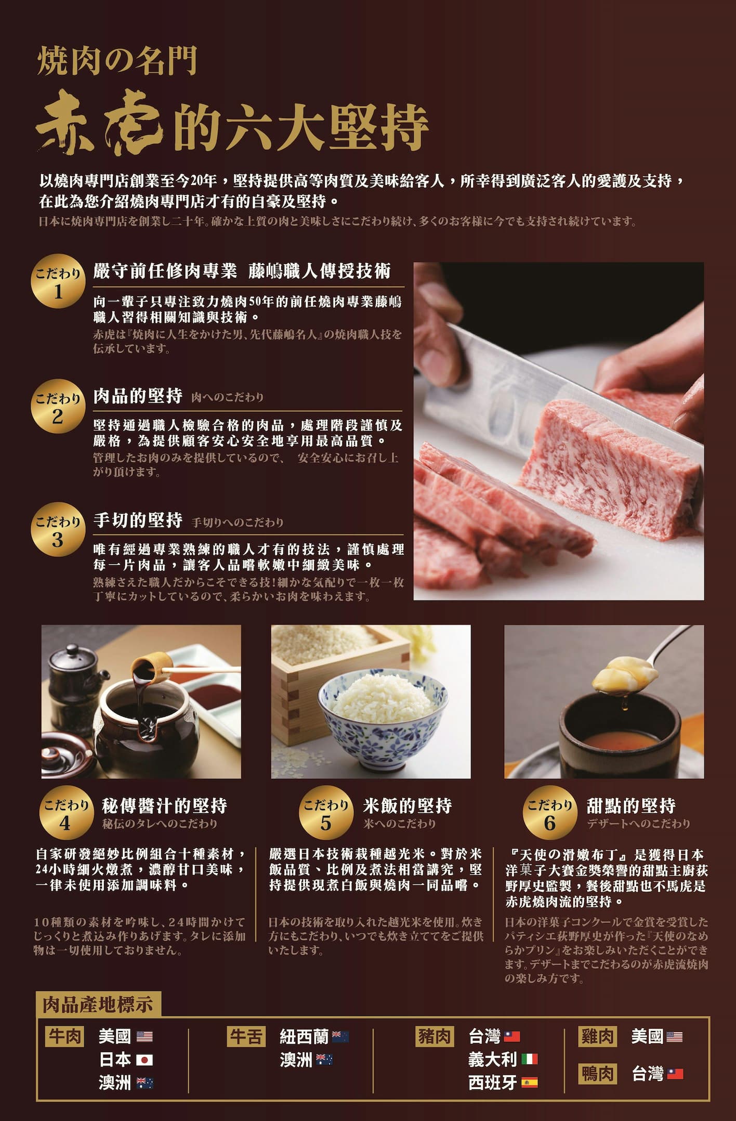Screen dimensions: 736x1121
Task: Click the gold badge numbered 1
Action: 58,281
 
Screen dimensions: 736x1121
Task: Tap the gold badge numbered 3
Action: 58,530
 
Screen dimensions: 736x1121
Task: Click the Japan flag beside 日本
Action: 144,1060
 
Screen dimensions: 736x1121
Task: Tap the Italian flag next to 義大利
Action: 529,1059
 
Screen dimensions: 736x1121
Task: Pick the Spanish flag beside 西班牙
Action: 529,1083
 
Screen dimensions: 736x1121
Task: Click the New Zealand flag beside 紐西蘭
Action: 340,1037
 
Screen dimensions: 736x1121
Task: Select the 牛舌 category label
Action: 246,1036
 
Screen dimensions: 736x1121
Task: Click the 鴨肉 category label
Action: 598,1074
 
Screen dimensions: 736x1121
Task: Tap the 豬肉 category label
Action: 436,1036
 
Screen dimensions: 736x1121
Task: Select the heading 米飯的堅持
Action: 408,806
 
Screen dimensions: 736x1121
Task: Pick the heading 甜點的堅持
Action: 631,806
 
